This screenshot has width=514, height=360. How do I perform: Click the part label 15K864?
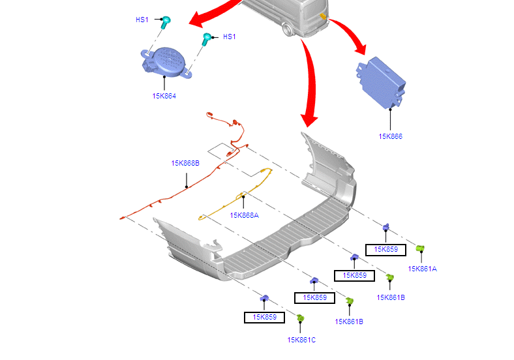click(x=164, y=96)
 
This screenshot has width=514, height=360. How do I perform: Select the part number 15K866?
click(x=390, y=136)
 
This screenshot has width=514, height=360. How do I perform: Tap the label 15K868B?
click(x=185, y=163)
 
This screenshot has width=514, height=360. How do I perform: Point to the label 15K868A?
click(x=244, y=215)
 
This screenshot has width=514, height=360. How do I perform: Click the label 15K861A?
click(x=422, y=268)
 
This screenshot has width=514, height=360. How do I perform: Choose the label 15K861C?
click(x=301, y=339)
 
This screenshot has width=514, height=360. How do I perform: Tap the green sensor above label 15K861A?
click(x=421, y=248)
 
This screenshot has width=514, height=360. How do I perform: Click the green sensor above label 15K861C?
click(x=301, y=318)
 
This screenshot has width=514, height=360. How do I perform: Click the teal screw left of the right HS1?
click(x=207, y=38)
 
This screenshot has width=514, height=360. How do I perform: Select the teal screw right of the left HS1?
click(x=166, y=22)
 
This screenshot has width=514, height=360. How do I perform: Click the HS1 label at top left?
click(x=142, y=20)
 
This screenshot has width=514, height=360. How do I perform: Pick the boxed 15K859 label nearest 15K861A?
click(x=385, y=249)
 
